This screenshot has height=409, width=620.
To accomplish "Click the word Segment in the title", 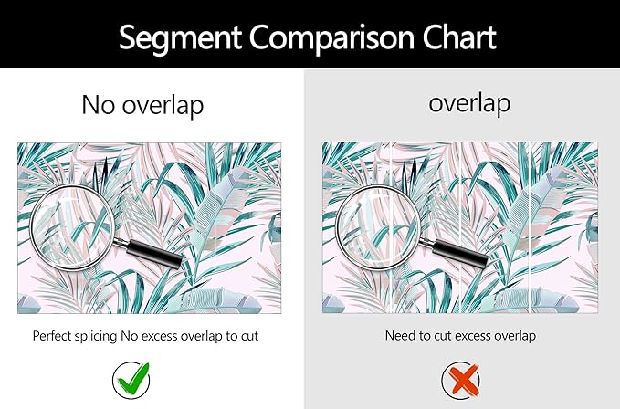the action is point(180,38).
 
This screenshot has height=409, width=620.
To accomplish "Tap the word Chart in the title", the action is point(459,37).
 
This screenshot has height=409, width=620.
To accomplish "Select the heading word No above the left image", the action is point(98,105).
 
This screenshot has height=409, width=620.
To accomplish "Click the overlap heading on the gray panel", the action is point(469,104).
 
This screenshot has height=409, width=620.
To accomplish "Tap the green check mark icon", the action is point(131,380).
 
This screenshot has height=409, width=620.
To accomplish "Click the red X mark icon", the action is point(460,380).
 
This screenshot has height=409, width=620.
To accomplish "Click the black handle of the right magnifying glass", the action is point(459,252).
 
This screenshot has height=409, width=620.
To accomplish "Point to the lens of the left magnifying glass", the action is point(73,227).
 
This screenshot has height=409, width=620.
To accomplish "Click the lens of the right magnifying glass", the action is point(379,228).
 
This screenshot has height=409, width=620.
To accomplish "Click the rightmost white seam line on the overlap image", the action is point(529,227).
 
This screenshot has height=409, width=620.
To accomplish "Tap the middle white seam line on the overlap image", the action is point(462,227).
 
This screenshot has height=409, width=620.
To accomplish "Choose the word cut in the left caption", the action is point(250,336).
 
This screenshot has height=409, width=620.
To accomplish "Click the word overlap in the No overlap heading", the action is point(163,107).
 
